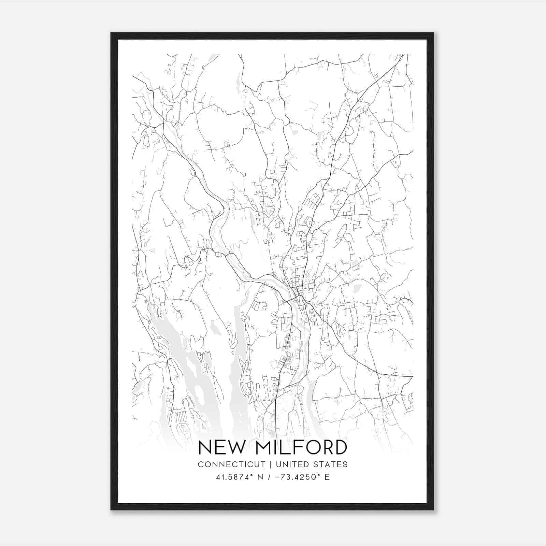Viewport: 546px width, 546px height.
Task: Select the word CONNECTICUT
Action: (x=232, y=464)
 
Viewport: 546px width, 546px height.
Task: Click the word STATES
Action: (x=332, y=464)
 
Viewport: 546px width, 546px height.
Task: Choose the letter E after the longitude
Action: (x=327, y=477)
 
